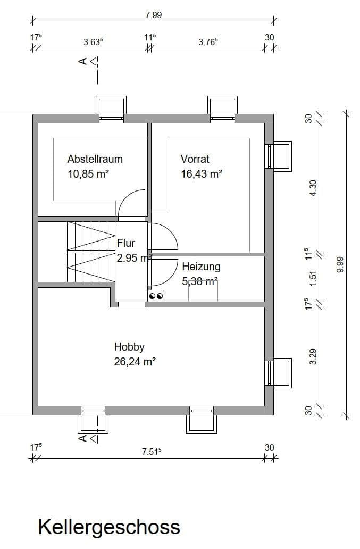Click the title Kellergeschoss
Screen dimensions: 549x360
(x=108, y=527)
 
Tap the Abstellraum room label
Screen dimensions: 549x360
(x=95, y=159)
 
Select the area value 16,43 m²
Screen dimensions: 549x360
(x=201, y=173)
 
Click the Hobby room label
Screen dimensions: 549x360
(x=129, y=347)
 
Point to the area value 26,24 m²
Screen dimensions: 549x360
(x=135, y=362)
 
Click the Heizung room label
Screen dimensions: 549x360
(x=201, y=267)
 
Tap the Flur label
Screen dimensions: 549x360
(x=126, y=244)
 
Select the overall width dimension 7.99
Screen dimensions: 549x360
(x=153, y=15)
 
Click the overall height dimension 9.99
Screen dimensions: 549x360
(x=340, y=266)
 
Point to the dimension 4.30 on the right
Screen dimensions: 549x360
(x=313, y=188)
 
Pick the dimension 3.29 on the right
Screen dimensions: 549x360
(x=313, y=355)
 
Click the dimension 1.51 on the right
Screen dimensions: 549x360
(x=313, y=277)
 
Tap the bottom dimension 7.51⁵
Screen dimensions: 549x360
(x=152, y=452)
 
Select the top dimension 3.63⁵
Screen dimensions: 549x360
(x=93, y=42)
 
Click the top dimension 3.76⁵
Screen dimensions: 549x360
(x=208, y=42)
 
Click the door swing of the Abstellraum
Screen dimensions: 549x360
(x=132, y=204)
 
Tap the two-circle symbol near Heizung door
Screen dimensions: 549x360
(x=156, y=296)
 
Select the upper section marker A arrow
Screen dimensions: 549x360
(x=88, y=62)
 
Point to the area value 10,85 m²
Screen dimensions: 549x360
(x=88, y=173)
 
